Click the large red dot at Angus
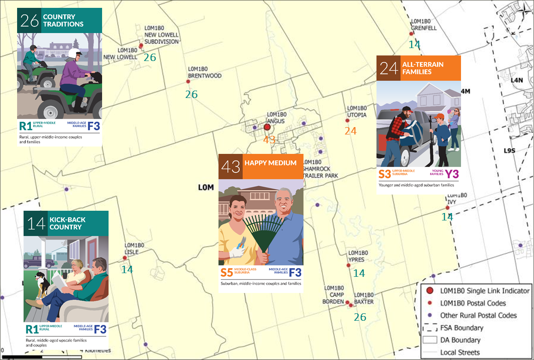[267, 127]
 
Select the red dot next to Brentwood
[188, 82]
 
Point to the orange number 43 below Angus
[269, 140]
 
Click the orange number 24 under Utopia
[351, 131]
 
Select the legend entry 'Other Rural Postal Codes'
[478, 316]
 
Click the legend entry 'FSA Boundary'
[461, 328]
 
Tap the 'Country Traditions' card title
[63, 20]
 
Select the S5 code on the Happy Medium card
[226, 272]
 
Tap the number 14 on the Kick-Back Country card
[36, 224]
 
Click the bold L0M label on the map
[206, 187]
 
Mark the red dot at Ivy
[441, 208]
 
